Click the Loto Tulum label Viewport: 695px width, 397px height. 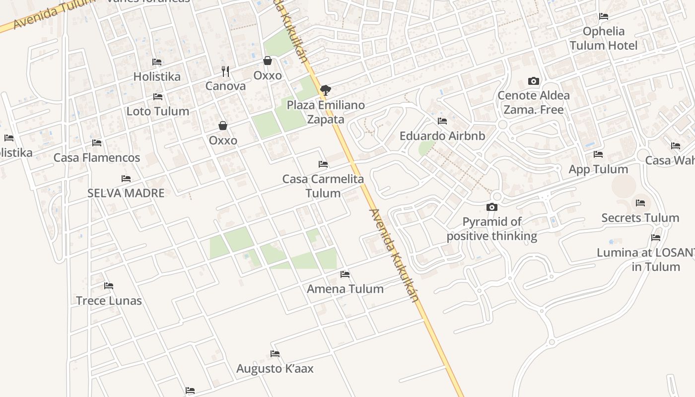[x=158, y=111]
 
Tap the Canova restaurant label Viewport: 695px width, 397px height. [x=225, y=86]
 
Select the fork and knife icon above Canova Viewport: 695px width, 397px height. [x=225, y=71]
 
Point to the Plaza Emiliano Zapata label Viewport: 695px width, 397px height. [x=326, y=112]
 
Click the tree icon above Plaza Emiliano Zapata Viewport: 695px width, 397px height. [x=326, y=90]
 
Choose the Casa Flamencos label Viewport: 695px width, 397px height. [x=97, y=158]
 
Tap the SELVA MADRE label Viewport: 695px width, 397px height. [x=126, y=193]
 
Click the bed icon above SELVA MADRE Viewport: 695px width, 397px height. [x=126, y=179]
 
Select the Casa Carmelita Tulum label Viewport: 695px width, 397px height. [x=323, y=186]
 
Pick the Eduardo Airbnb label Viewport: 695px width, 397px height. [x=442, y=135]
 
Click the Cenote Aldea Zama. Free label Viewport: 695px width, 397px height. [x=534, y=102]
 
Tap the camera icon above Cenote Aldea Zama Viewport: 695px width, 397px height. [x=534, y=81]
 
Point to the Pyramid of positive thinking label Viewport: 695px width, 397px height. [x=492, y=229]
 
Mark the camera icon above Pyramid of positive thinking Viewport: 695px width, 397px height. [x=492, y=207]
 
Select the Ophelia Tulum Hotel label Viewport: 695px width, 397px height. [x=604, y=38]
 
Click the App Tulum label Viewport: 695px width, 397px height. [x=598, y=169]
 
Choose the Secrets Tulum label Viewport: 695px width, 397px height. [x=640, y=218]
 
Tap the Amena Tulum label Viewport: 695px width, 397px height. [x=345, y=289]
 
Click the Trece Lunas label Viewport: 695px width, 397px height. [x=109, y=301]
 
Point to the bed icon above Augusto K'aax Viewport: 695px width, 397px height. [x=275, y=354]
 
